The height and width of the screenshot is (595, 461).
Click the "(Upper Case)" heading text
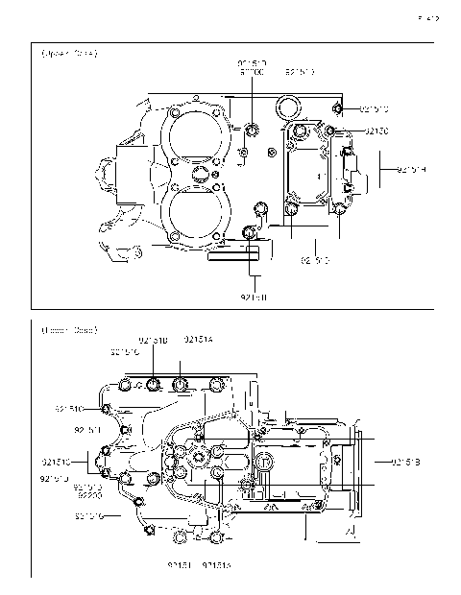[x=68, y=54]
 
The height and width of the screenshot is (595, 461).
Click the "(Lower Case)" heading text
[x=68, y=330]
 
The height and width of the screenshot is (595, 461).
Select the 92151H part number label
[x=410, y=171]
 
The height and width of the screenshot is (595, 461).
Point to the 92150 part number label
[x=376, y=131]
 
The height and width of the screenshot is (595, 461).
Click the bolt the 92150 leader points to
[x=330, y=131]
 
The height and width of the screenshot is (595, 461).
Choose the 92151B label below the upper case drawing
[x=254, y=297]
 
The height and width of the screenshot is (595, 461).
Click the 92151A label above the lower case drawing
[x=199, y=340]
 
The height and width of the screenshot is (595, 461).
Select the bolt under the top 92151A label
[x=181, y=386]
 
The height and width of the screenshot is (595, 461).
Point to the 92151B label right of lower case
[x=407, y=463]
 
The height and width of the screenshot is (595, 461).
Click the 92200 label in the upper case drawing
[x=252, y=73]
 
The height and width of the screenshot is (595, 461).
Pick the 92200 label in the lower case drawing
[x=89, y=497]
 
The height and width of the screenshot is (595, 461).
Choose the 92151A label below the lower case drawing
[x=217, y=565]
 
